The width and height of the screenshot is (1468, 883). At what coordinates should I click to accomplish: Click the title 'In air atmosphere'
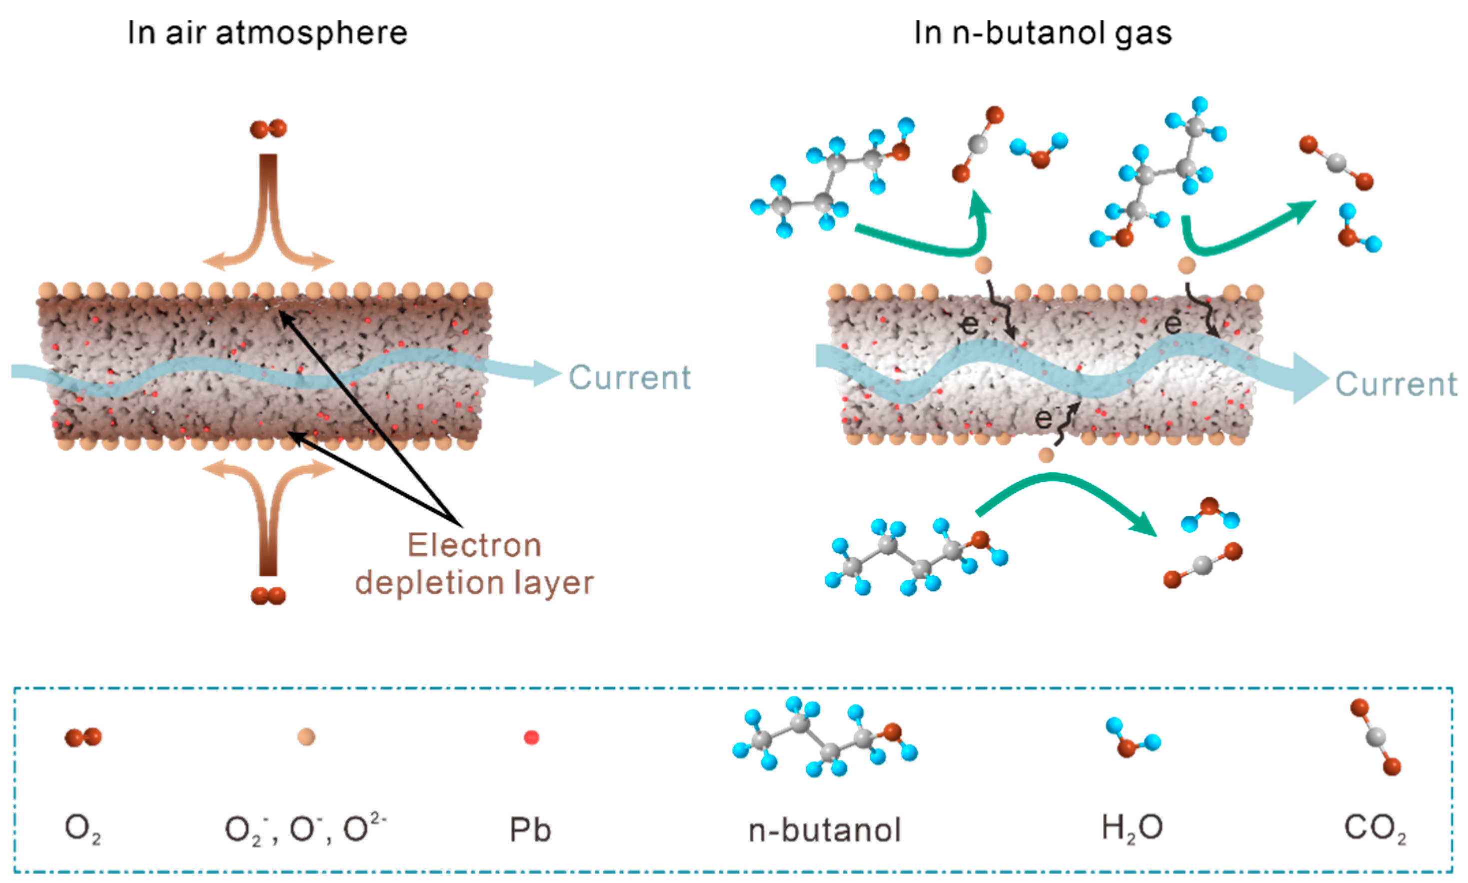pyautogui.click(x=268, y=32)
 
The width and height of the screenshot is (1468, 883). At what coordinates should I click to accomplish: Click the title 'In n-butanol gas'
pyautogui.click(x=1043, y=32)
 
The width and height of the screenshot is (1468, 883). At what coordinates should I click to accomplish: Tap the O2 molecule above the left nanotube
pyautogui.click(x=268, y=128)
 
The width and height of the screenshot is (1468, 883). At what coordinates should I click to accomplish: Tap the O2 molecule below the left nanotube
pyautogui.click(x=268, y=595)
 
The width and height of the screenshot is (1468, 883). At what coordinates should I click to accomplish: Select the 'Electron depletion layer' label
pyautogui.click(x=475, y=564)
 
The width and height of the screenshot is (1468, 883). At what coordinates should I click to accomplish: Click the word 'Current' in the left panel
pyautogui.click(x=630, y=377)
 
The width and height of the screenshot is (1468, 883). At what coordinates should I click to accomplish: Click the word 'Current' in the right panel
pyautogui.click(x=1396, y=384)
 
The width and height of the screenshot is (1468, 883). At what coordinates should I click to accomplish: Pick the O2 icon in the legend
pyautogui.click(x=83, y=737)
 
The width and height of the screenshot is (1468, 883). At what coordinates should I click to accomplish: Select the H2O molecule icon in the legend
pyautogui.click(x=1132, y=738)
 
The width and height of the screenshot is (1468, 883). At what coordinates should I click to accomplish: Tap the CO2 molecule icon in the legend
pyautogui.click(x=1375, y=738)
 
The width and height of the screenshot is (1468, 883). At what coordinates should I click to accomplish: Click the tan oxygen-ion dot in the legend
pyautogui.click(x=306, y=737)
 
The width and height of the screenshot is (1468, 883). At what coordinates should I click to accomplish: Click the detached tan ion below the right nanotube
pyautogui.click(x=1046, y=455)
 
